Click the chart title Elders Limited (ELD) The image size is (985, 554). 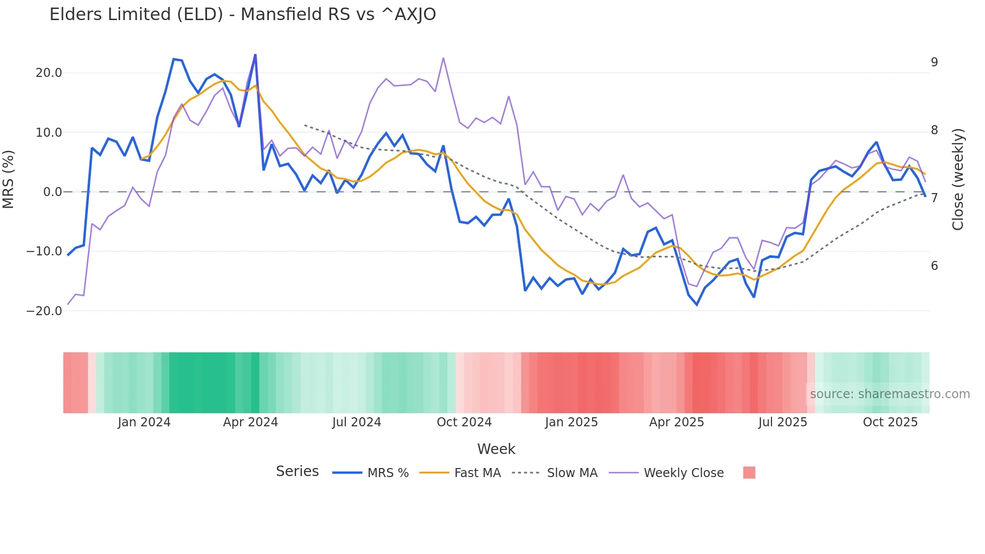pos(242,15)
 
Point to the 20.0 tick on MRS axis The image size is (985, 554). pos(49,73)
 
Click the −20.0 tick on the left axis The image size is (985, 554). pos(44,311)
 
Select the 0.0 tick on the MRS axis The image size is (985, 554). pos(52,192)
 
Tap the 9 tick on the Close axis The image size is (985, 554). pos(934,62)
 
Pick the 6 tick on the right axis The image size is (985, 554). pos(934,266)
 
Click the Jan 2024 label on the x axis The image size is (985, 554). pos(144,422)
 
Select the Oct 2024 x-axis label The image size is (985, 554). pos(464,422)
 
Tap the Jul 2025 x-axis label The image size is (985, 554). pos(782,422)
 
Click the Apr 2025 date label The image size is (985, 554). pos(676,422)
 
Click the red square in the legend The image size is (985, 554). pos(749,473)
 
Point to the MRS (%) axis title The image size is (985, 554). pos(9,179)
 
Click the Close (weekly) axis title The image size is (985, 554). pos(958,179)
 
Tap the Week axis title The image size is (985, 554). pos(496,449)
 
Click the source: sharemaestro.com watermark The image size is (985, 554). pos(890,394)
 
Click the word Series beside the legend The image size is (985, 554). pos(297,472)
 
